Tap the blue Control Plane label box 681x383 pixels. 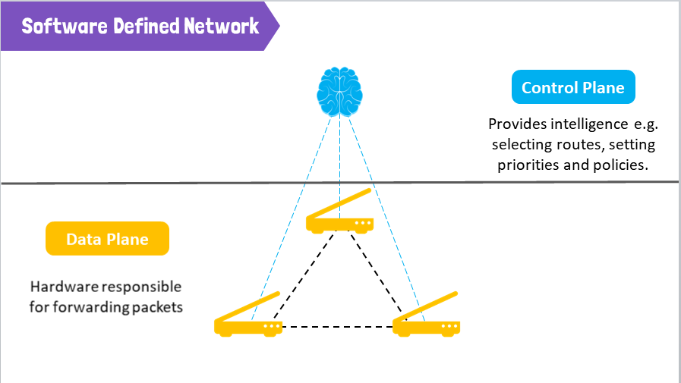(x=573, y=88)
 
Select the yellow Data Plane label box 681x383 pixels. (x=107, y=239)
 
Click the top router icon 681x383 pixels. (x=339, y=223)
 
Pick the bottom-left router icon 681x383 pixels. (x=248, y=327)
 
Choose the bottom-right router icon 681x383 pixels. (x=426, y=327)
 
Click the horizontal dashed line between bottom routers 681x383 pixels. (x=338, y=327)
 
